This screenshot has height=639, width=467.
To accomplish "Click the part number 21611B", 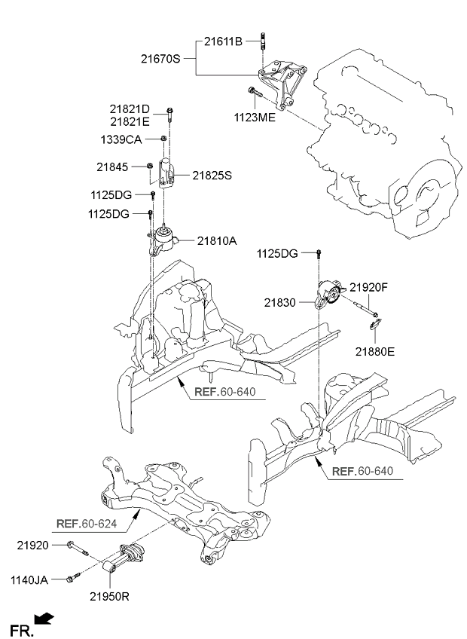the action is pyautogui.click(x=223, y=41).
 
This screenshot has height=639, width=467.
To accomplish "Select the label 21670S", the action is pyautogui.click(x=160, y=59).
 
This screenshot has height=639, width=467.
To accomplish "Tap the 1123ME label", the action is pyautogui.click(x=255, y=118).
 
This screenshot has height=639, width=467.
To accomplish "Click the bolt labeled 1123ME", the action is pyautogui.click(x=255, y=92).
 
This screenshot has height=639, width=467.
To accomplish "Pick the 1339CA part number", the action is pyautogui.click(x=121, y=140).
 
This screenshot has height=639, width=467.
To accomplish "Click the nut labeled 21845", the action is pyautogui.click(x=150, y=166).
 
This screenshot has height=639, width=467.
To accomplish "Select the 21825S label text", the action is pyautogui.click(x=212, y=176).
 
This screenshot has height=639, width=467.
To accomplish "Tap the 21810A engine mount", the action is pyautogui.click(x=163, y=241).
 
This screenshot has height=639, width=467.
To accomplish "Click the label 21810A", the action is pyautogui.click(x=217, y=241).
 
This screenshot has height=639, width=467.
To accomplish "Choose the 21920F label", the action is pyautogui.click(x=369, y=287).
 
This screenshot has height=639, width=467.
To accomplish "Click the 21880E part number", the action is pyautogui.click(x=375, y=351).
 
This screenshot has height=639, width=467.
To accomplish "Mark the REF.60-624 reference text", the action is pyautogui.click(x=87, y=523).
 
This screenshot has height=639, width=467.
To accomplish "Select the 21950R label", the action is pyautogui.click(x=109, y=597).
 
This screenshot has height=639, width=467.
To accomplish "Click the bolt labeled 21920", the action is pyautogui.click(x=78, y=548).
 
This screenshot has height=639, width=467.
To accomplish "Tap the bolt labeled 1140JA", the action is pyautogui.click(x=73, y=577).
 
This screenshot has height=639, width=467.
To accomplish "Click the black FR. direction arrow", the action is pyautogui.click(x=44, y=619).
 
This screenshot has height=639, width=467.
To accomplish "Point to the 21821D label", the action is pyautogui.click(x=130, y=109).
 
